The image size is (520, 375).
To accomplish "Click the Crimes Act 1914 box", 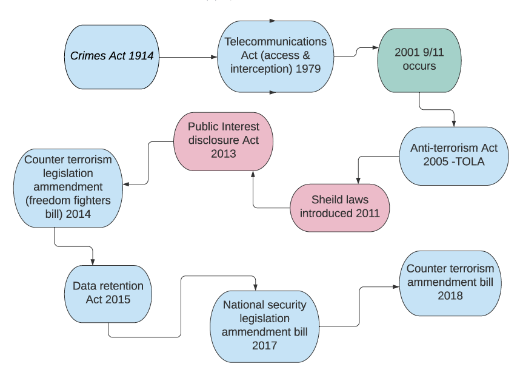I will [x=112, y=57].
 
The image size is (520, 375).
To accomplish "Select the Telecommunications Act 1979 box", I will [x=275, y=57].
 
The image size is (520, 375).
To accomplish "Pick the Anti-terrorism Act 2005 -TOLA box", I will [x=453, y=155].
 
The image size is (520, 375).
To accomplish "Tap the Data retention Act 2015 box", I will [x=107, y=293].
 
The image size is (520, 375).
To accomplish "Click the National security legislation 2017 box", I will [x=264, y=326].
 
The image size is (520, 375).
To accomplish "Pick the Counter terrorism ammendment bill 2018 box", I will [x=450, y=283].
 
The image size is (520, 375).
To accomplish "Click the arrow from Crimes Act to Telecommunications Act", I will [x=188, y=57].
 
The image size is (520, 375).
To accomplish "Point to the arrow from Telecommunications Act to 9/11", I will [x=355, y=53].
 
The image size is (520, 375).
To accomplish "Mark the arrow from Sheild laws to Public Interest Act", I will [x=253, y=194].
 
